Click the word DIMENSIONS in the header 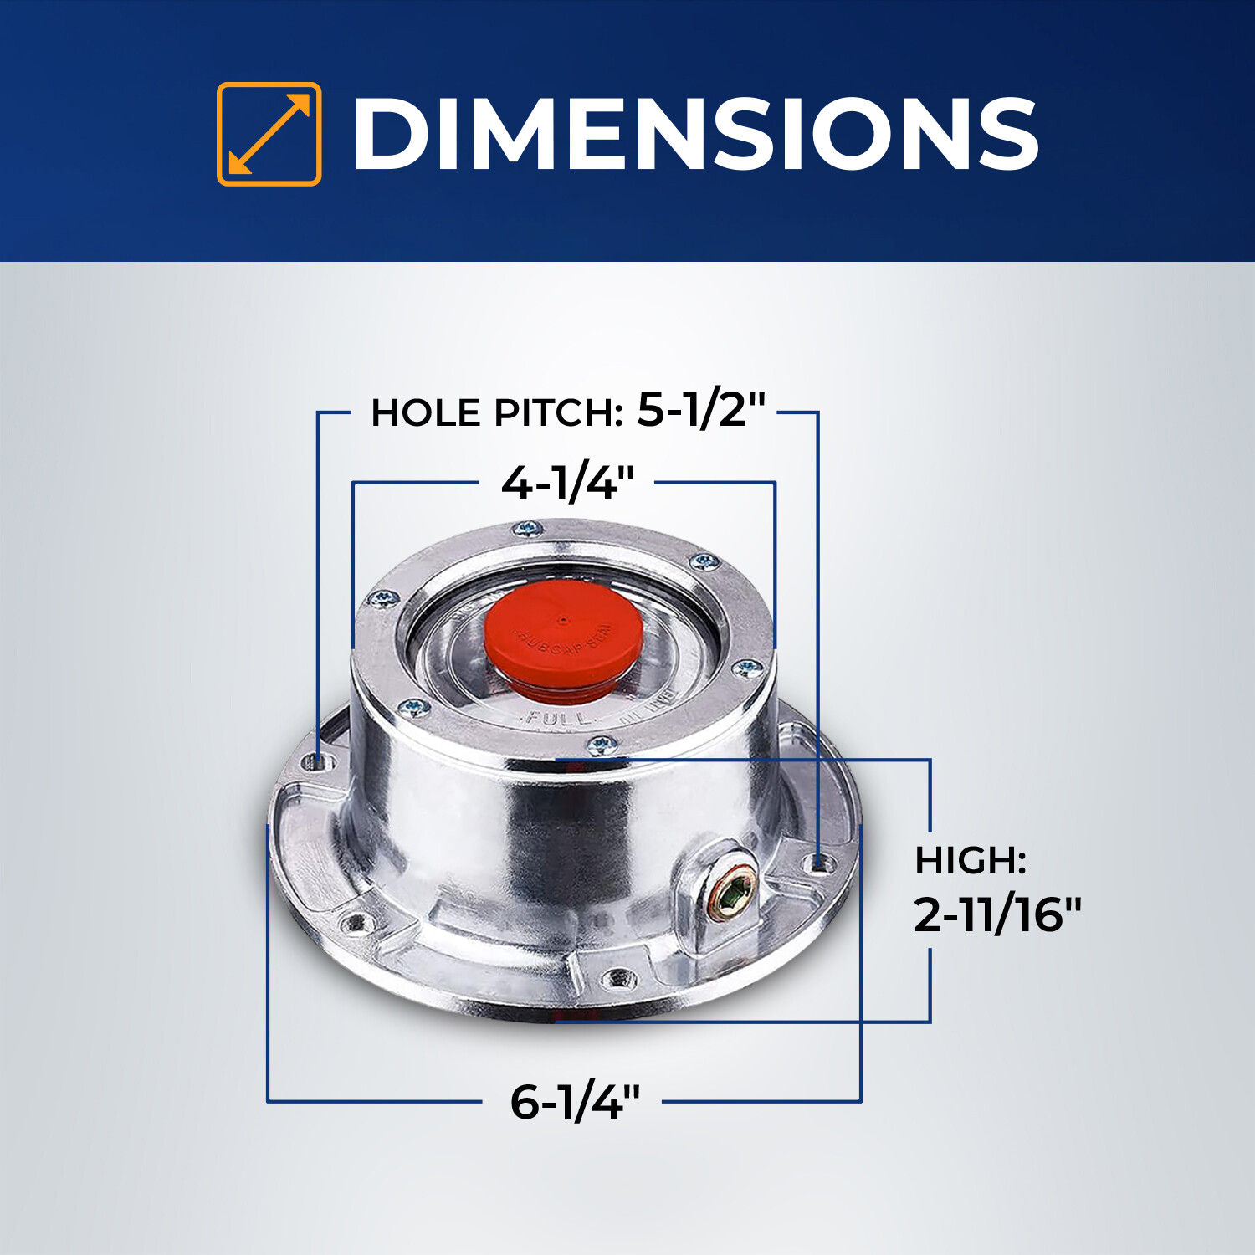694,134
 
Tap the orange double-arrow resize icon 269,134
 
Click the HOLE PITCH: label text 496,412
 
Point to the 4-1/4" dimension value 567,483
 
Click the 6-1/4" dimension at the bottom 575,1101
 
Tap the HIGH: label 970,860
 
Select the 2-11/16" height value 997,914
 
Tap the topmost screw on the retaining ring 527,528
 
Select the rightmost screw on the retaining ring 747,668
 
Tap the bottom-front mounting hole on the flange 617,976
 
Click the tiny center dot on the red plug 562,620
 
